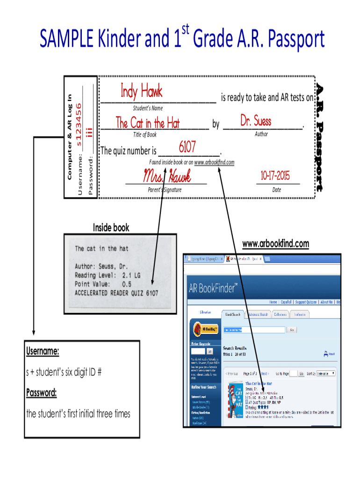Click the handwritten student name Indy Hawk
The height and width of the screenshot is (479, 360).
pyautogui.click(x=141, y=91)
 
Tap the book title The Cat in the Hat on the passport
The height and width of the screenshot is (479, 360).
pyautogui.click(x=147, y=123)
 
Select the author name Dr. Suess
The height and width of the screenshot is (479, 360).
pyautogui.click(x=255, y=121)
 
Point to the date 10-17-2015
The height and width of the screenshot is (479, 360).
pyautogui.click(x=275, y=176)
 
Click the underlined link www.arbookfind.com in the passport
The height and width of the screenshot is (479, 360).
pyautogui.click(x=214, y=162)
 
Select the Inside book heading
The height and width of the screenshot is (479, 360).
pyautogui.click(x=111, y=228)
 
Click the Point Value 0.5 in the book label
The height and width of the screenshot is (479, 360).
pyautogui.click(x=126, y=284)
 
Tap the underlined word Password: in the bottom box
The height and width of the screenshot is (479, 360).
pyautogui.click(x=41, y=392)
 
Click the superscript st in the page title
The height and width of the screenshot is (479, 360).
pyautogui.click(x=186, y=31)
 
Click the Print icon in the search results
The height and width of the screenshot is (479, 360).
pyautogui.click(x=329, y=354)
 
